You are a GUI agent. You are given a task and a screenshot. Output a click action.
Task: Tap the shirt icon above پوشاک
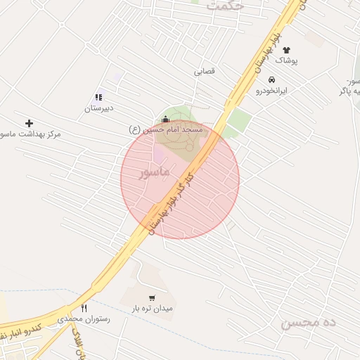click(287, 51)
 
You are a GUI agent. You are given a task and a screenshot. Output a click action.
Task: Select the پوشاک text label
click(286, 61)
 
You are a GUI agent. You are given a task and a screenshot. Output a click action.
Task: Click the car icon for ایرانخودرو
click(271, 79)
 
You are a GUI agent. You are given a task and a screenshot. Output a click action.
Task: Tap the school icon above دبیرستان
click(98, 98)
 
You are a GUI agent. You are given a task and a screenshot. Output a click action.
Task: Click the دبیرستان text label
click(99, 109)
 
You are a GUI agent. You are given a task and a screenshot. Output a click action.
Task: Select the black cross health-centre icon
click(29, 123)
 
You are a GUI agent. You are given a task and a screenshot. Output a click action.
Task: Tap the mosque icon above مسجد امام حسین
click(165, 120)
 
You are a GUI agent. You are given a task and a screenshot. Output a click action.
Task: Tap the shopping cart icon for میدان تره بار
click(153, 297)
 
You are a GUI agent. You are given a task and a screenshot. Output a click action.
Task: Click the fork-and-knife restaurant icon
click(84, 308)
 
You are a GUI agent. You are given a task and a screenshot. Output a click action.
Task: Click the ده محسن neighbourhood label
click(310, 323)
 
